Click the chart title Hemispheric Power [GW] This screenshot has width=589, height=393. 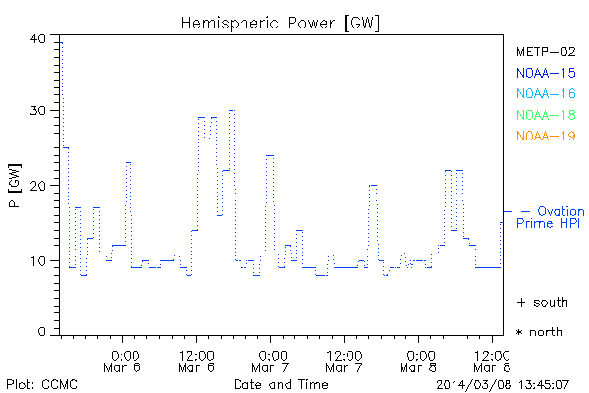click(280, 22)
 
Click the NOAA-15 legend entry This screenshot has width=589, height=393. click(545, 73)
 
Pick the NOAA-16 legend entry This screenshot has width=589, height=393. click(545, 94)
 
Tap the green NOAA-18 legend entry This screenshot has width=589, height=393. click(545, 115)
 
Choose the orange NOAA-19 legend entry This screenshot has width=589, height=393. click(545, 136)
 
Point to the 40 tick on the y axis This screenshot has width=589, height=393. click(38, 38)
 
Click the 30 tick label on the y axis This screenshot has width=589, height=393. click(38, 111)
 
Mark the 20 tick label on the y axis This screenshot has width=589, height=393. click(38, 186)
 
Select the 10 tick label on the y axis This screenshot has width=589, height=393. click(38, 260)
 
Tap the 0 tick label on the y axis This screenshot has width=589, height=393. click(42, 333)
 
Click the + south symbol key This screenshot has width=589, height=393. click(542, 302)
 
